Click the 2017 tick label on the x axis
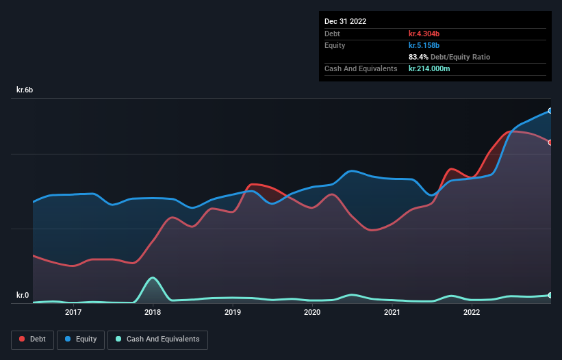click(73, 312)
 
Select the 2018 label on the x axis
click(153, 312)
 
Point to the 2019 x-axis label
click(233, 312)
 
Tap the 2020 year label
click(312, 312)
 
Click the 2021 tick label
click(392, 312)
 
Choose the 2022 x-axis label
click(472, 312)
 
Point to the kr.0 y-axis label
click(23, 296)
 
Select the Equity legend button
click(81, 339)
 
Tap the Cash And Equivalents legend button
click(157, 339)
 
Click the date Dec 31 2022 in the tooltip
click(346, 21)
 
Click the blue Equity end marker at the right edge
click(550, 110)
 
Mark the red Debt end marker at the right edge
click(550, 142)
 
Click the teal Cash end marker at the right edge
click(550, 295)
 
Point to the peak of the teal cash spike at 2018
click(153, 277)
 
